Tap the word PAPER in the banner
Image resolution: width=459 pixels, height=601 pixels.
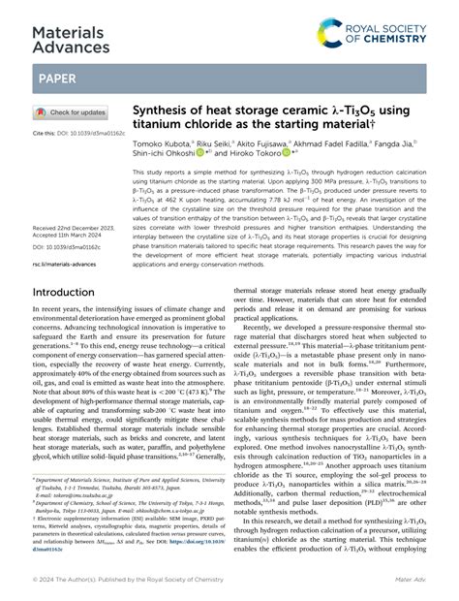click(x=58, y=77)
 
